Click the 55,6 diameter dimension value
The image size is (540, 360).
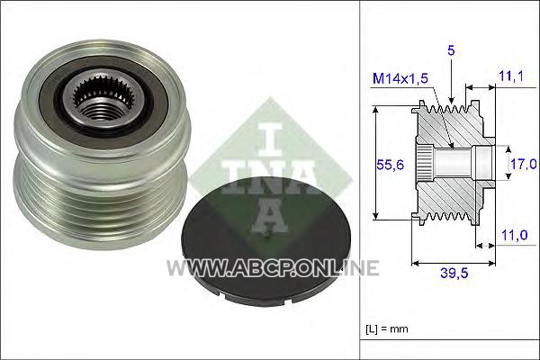(390, 165)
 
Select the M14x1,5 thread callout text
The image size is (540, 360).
(400, 78)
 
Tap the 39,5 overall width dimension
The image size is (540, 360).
(454, 274)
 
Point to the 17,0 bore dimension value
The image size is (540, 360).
(523, 164)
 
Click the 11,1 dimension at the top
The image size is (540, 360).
(511, 76)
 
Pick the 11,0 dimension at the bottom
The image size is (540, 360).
(515, 235)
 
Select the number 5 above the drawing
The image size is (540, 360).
(451, 50)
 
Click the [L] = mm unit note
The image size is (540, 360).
(387, 329)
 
